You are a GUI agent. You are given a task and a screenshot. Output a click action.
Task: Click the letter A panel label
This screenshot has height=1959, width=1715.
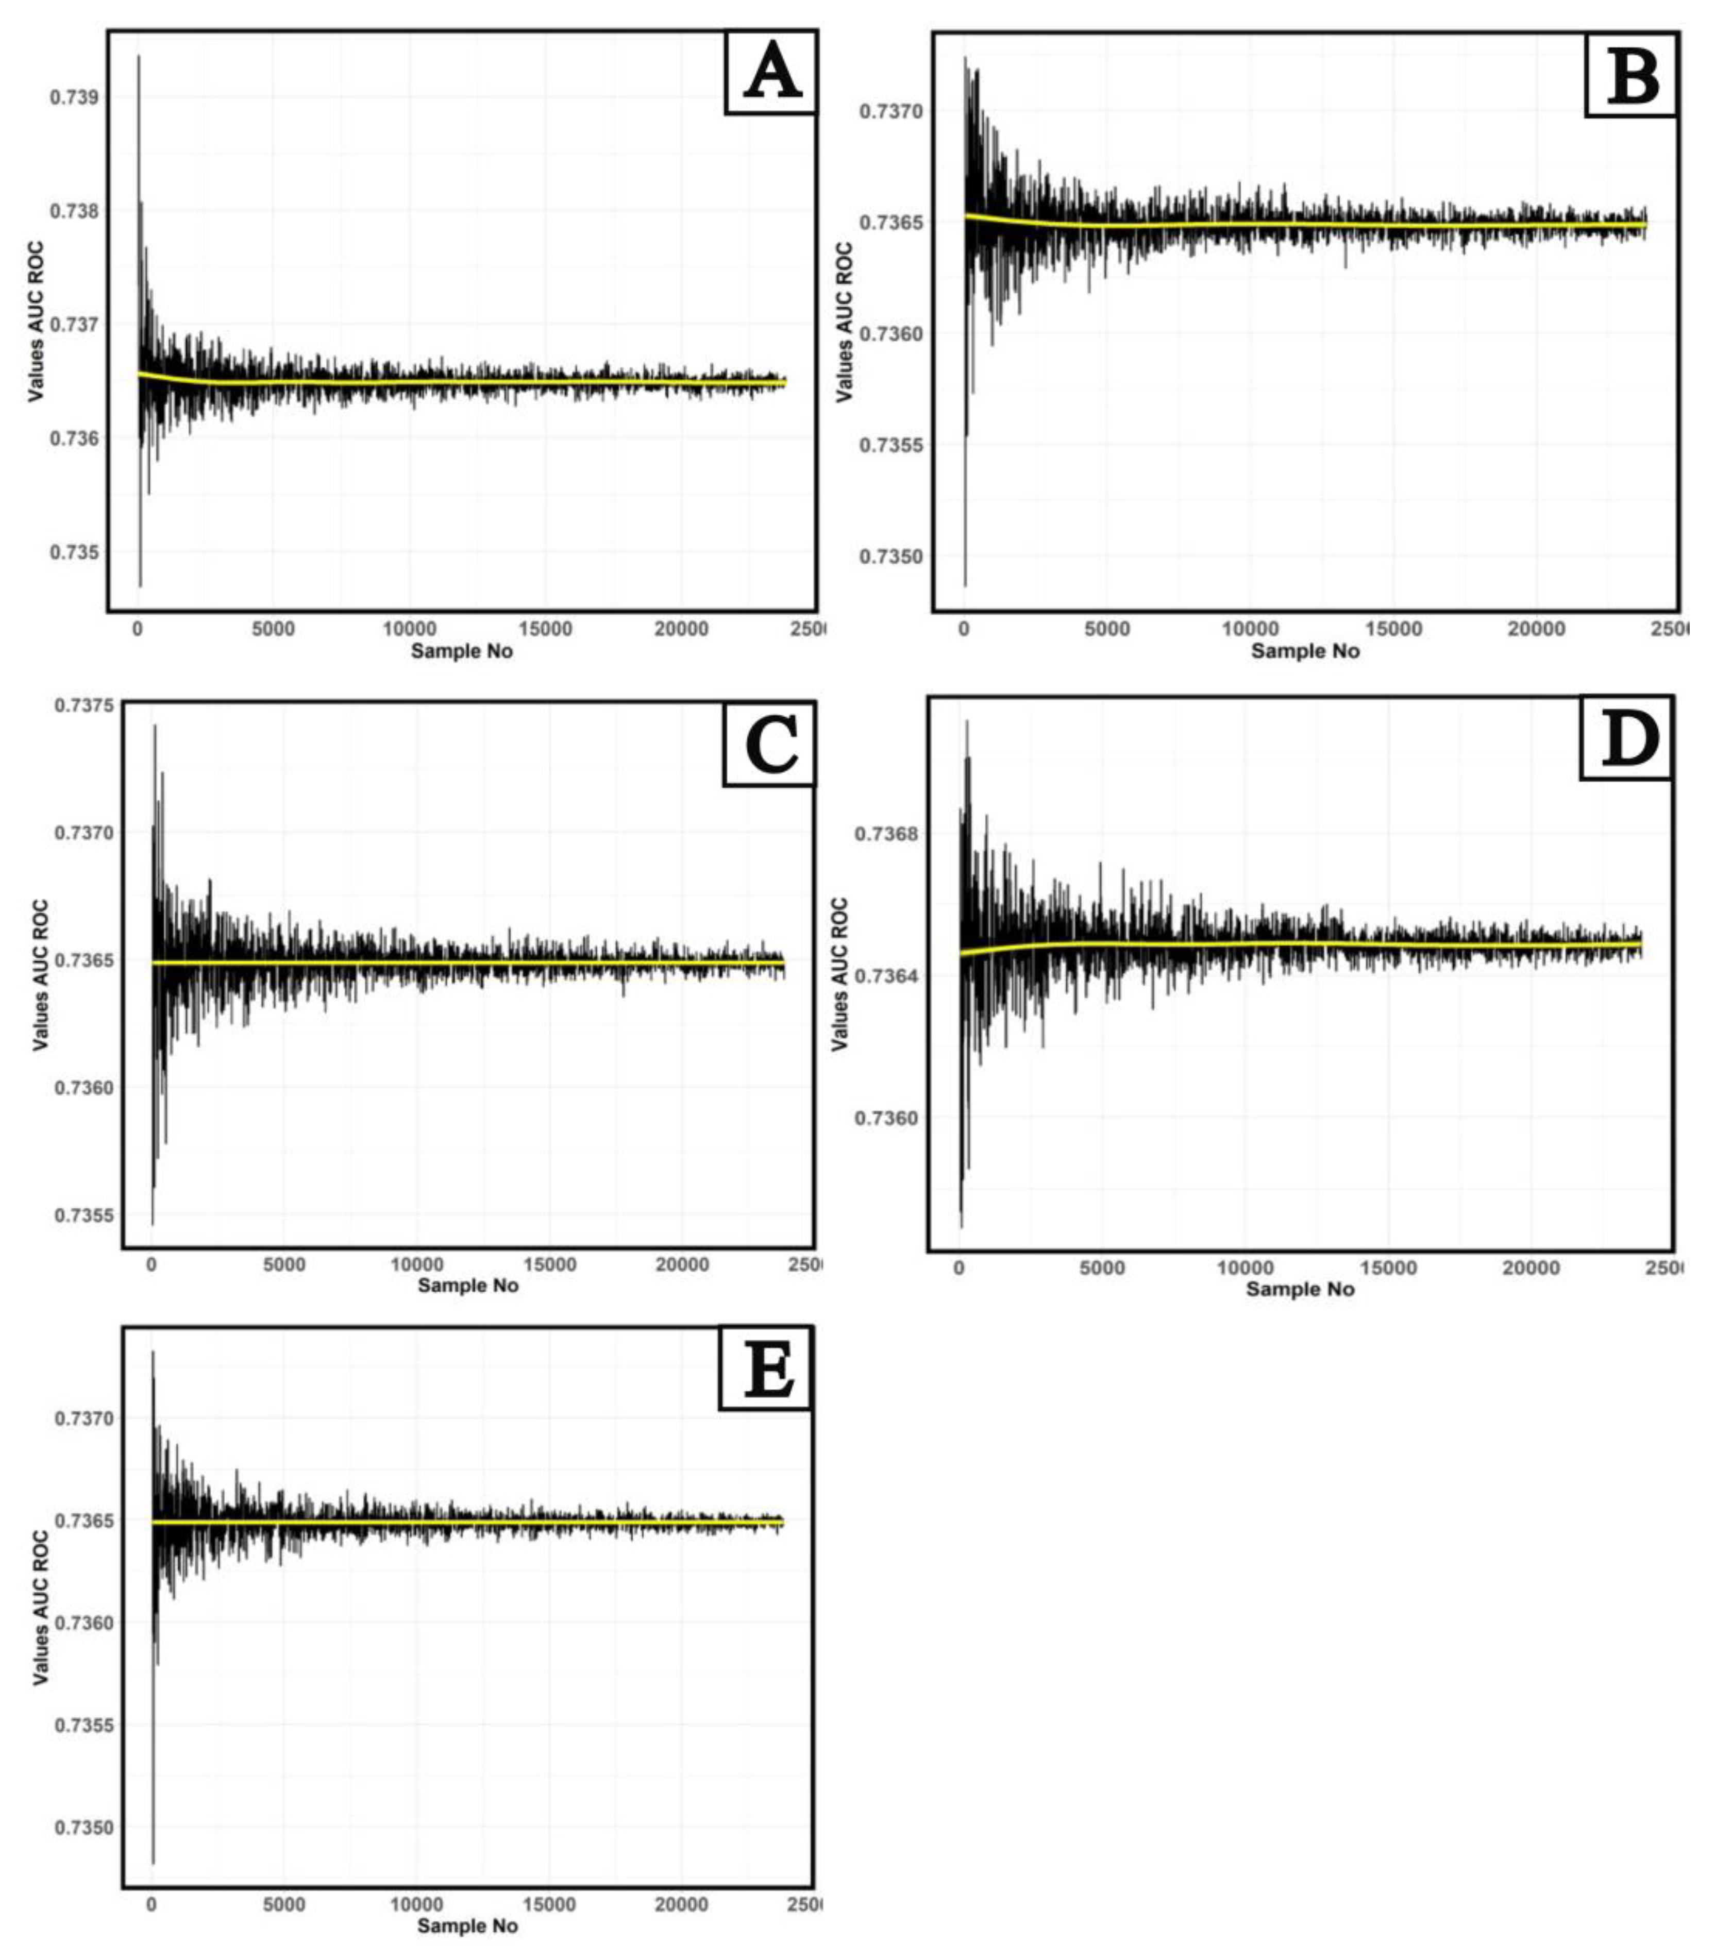click(771, 74)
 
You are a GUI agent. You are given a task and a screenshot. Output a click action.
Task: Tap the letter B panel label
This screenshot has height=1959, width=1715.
click(1632, 77)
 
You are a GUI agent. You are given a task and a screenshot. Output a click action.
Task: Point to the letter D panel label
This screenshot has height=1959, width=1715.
click(1627, 739)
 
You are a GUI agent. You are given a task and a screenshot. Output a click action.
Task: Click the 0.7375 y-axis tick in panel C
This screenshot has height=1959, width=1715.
click(84, 705)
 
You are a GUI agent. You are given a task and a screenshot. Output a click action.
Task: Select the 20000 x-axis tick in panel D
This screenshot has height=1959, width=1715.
click(1531, 1268)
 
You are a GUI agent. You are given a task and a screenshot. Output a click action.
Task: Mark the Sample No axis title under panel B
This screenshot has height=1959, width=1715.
click(1304, 651)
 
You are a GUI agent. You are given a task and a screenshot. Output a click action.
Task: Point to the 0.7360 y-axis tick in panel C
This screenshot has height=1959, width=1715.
click(84, 1088)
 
